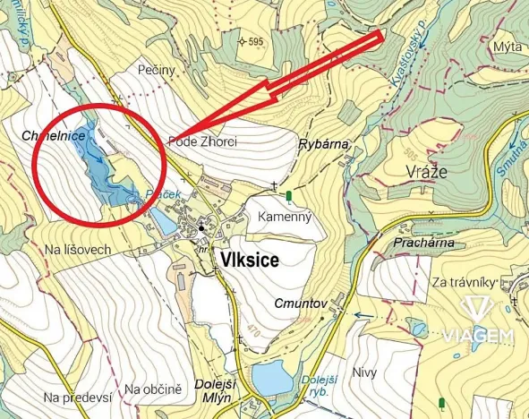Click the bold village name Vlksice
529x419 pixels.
(247, 261)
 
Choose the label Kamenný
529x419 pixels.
(283, 217)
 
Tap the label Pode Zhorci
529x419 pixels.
(201, 141)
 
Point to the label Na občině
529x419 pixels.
(153, 389)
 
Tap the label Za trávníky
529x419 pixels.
(463, 283)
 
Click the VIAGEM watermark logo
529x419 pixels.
(479, 323)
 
